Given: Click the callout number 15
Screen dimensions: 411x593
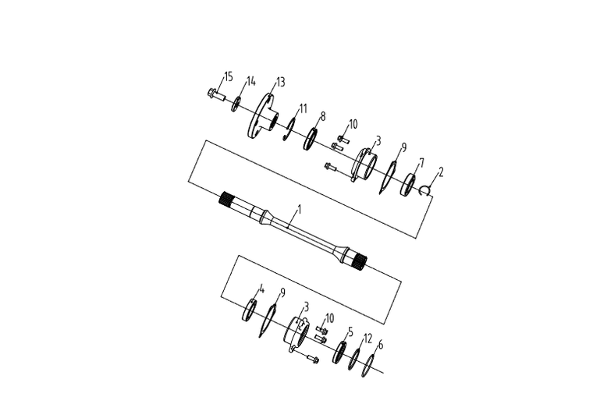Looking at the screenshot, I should coord(228,76).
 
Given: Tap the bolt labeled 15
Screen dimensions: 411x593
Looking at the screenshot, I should coord(214,96).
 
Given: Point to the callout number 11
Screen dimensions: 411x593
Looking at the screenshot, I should coord(303,108).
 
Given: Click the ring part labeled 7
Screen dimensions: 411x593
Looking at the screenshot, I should coord(408,185).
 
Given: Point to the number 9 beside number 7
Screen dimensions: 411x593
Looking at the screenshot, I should coord(403,147).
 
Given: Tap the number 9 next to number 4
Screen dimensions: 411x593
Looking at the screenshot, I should coord(282,292).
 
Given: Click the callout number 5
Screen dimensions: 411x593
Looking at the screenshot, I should coord(350,331).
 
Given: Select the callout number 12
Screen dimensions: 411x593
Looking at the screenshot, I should coord(368,338).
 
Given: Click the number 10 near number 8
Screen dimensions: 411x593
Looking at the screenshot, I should coord(353,124).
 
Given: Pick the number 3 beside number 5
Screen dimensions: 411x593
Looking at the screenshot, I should coord(307,306).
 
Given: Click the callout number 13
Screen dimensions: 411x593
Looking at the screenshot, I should coord(280,82).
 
